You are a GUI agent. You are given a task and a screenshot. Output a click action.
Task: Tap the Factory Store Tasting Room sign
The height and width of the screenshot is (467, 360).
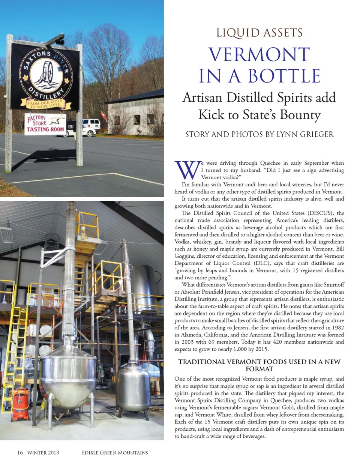(45, 124)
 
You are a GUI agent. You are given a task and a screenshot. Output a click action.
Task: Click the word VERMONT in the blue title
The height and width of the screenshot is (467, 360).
(259, 55)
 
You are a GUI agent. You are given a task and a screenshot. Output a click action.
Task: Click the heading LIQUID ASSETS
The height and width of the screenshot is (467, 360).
(259, 33)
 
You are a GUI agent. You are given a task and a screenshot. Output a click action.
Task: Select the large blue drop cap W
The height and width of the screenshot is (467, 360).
(187, 170)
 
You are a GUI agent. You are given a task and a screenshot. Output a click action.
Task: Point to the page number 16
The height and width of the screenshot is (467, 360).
(20, 452)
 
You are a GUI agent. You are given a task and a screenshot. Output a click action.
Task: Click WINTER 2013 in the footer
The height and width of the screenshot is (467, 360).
(43, 452)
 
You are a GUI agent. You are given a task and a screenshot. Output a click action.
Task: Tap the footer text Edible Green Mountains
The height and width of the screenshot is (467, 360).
(115, 452)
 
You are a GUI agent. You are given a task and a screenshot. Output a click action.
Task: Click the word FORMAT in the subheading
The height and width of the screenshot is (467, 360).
(259, 369)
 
